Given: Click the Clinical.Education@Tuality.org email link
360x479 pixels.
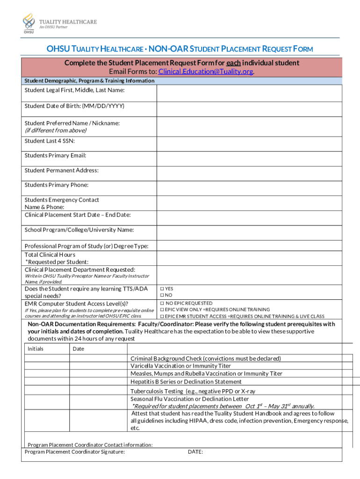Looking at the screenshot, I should point(206,72).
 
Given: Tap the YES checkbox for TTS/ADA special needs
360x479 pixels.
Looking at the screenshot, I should point(162,289).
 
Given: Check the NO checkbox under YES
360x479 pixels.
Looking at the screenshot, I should point(162,295).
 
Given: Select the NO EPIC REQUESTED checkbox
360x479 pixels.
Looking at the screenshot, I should point(162,304).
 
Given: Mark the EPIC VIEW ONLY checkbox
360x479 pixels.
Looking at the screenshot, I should point(162,310).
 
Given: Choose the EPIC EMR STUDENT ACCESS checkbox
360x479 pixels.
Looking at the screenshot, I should point(162,316).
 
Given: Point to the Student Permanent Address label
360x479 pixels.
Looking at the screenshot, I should point(61,171).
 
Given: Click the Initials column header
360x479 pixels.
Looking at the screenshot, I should point(36,349).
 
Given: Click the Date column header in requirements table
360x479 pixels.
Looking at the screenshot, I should point(79,349).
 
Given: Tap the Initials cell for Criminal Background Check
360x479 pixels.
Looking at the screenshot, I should point(47,358).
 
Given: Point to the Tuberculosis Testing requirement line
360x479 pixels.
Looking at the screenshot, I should point(193,391).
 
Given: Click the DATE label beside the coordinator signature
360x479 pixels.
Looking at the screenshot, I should point(195,452).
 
